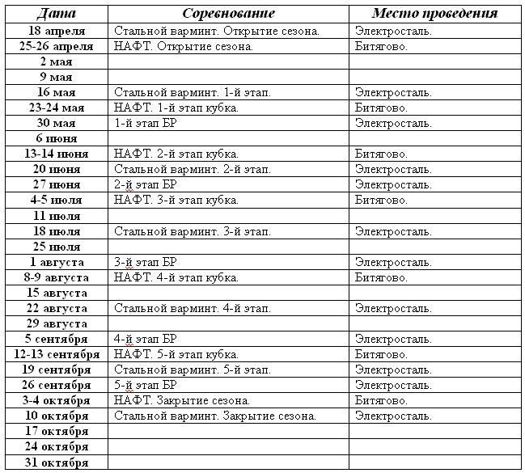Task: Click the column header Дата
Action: click(x=57, y=14)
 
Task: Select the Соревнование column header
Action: click(x=228, y=14)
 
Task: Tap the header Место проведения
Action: click(x=434, y=14)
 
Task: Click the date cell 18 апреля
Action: click(x=57, y=31)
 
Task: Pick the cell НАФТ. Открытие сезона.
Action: click(x=184, y=46)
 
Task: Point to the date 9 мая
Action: click(x=57, y=77)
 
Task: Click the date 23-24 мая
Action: click(x=57, y=108)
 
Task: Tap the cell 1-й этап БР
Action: click(x=146, y=123)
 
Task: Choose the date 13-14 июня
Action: click(x=57, y=154)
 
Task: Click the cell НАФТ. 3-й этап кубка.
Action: click(x=176, y=200)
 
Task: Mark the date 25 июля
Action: click(x=57, y=247)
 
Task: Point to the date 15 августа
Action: click(x=57, y=293)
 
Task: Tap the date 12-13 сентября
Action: click(x=57, y=354)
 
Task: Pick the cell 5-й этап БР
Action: click(x=146, y=385)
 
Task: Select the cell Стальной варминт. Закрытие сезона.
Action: click(x=214, y=416)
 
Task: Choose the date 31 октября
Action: click(x=57, y=462)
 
